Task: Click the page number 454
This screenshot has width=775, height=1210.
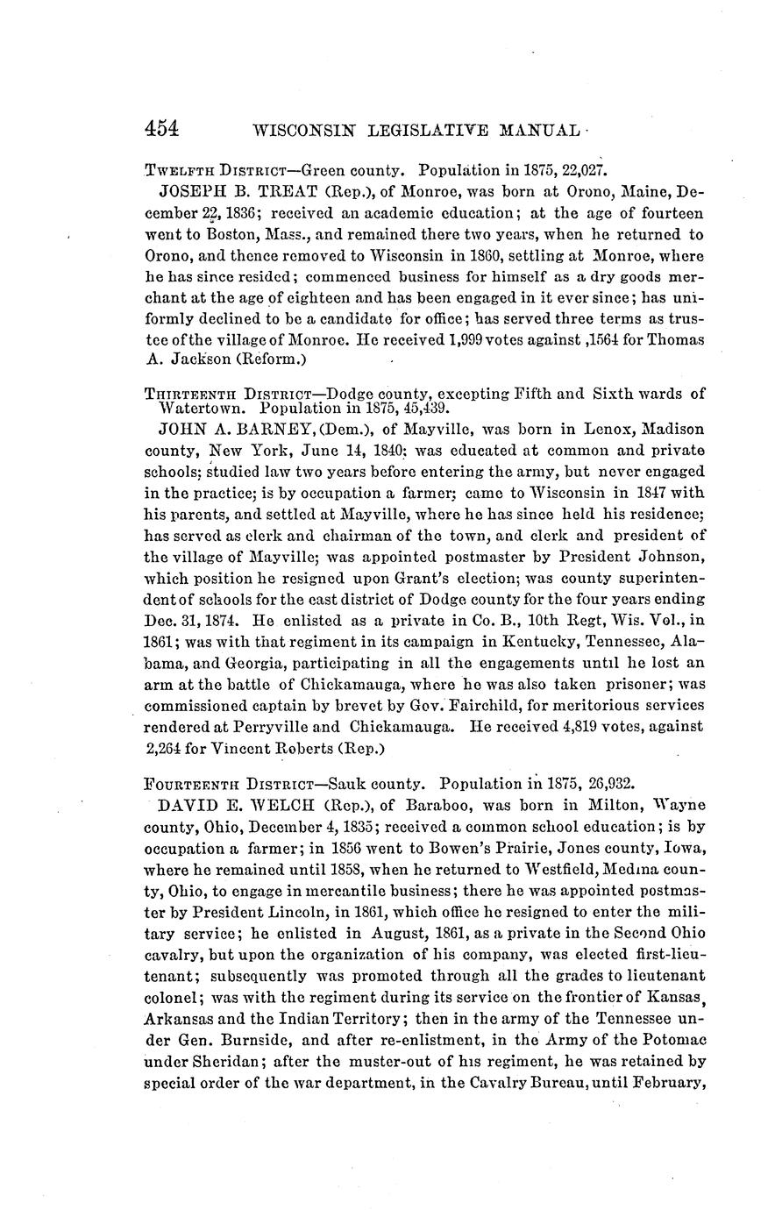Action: (x=162, y=128)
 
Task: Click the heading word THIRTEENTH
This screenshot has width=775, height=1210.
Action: (x=185, y=395)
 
